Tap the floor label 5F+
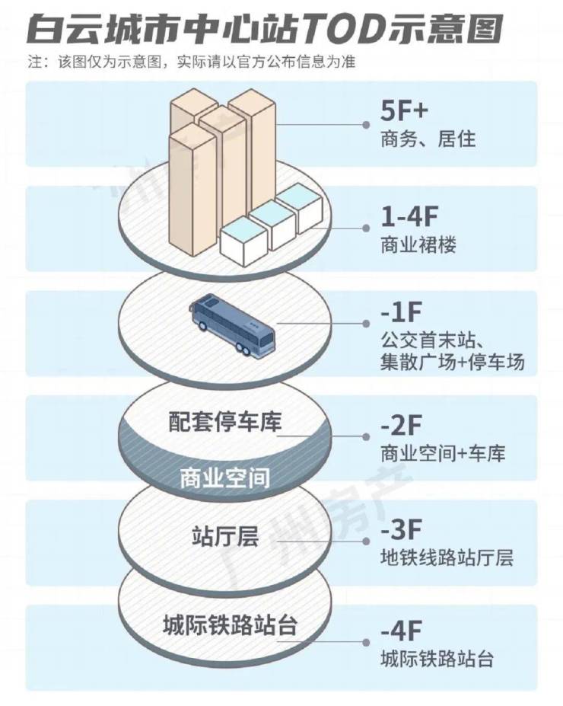pyautogui.click(x=404, y=110)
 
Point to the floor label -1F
pyautogui.click(x=401, y=312)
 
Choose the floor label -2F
pyautogui.click(x=401, y=425)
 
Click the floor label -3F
pyautogui.click(x=401, y=529)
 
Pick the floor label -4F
pyautogui.click(x=401, y=631)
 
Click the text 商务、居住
pyautogui.click(x=428, y=139)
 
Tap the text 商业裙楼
pyautogui.click(x=418, y=245)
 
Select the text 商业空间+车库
pyautogui.click(x=443, y=453)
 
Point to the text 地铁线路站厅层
pyautogui.click(x=447, y=557)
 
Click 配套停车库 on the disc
pyautogui.click(x=225, y=422)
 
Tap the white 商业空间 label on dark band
pyautogui.click(x=225, y=478)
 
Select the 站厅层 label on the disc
pyautogui.click(x=225, y=537)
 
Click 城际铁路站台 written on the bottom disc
pyautogui.click(x=230, y=626)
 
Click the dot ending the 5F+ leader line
pyautogui.click(x=367, y=125)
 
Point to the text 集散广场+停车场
pyautogui.click(x=453, y=362)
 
